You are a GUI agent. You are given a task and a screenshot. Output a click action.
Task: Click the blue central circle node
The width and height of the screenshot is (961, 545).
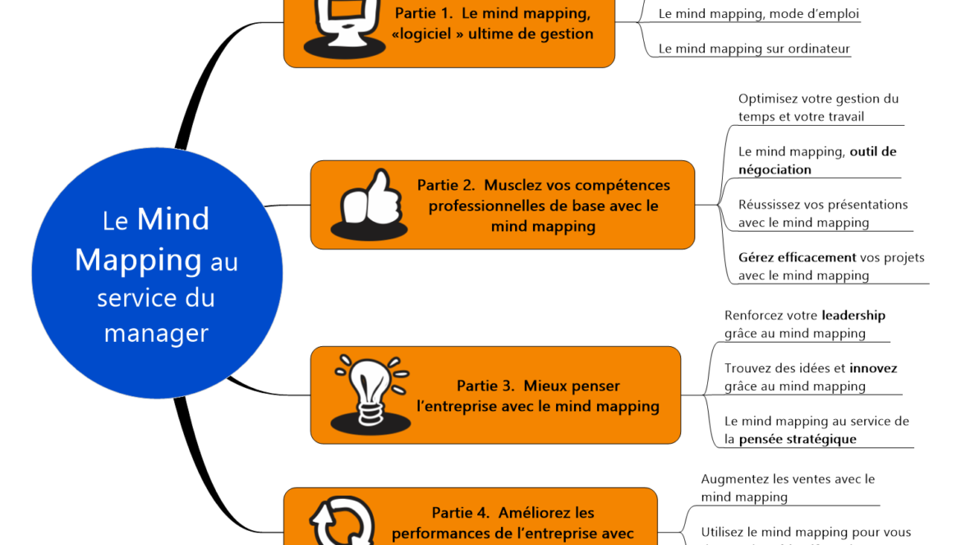(x=157, y=274)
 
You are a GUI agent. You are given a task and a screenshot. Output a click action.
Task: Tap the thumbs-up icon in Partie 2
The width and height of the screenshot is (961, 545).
(x=369, y=206)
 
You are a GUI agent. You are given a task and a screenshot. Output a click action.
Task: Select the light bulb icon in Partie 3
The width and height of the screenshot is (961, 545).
(x=370, y=394)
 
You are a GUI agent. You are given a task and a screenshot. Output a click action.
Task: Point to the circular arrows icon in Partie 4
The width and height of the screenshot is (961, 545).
(x=342, y=522)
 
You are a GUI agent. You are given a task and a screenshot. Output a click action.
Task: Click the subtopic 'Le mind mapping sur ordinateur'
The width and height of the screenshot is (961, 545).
(x=754, y=48)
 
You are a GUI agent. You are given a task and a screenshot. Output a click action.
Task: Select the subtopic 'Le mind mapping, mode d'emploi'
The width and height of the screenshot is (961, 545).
(x=759, y=14)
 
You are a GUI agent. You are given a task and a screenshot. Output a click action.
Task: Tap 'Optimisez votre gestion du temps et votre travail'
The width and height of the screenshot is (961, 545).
(x=818, y=108)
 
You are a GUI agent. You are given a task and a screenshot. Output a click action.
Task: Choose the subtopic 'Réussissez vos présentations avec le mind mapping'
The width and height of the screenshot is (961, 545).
(x=822, y=214)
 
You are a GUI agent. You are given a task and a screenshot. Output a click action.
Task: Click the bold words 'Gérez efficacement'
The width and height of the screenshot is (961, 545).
(x=797, y=258)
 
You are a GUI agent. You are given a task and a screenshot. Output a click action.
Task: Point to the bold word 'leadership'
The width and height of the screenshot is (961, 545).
(x=853, y=316)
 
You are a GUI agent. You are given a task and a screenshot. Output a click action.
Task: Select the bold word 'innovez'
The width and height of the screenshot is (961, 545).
(x=873, y=368)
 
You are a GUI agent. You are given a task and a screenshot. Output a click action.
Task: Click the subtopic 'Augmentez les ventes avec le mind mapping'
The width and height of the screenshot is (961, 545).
(x=787, y=487)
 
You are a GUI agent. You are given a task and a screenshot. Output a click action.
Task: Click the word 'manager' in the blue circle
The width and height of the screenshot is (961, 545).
(x=156, y=333)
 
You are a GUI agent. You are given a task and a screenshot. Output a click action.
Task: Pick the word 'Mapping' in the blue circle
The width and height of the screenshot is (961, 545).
(x=138, y=260)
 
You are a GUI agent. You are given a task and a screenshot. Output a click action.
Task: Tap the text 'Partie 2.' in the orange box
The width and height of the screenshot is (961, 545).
(x=445, y=186)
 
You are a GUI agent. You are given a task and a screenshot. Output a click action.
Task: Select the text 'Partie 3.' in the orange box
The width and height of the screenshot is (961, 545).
(x=485, y=386)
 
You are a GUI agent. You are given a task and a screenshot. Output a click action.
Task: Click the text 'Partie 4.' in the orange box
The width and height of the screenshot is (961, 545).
(x=461, y=513)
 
